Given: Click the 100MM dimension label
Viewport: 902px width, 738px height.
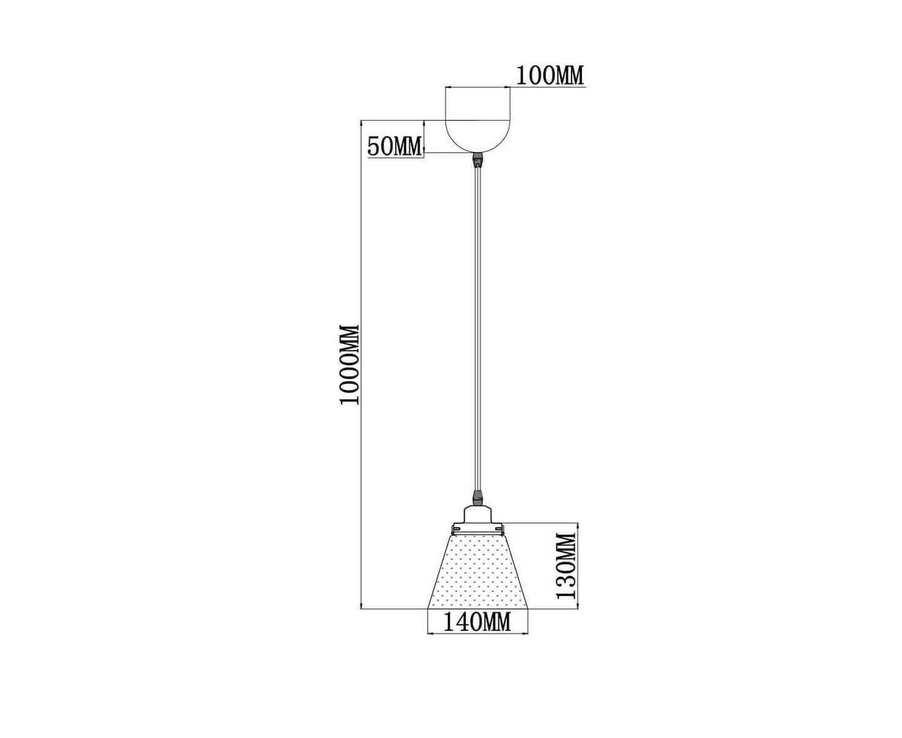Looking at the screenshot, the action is pyautogui.click(x=549, y=76).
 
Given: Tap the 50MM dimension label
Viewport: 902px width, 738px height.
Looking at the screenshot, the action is pyautogui.click(x=394, y=146).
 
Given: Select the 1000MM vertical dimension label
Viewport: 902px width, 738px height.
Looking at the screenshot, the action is pyautogui.click(x=349, y=365).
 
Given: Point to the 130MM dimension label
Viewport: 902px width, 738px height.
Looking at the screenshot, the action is pyautogui.click(x=566, y=566).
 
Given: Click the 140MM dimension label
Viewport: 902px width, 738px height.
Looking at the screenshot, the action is pyautogui.click(x=476, y=622).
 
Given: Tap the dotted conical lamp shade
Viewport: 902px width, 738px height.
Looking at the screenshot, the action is pyautogui.click(x=478, y=571).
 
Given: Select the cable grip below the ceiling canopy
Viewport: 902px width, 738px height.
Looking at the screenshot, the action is pyautogui.click(x=477, y=160).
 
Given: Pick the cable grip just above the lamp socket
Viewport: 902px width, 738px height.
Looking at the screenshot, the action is pyautogui.click(x=477, y=499).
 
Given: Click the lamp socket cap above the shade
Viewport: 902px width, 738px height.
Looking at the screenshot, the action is pyautogui.click(x=477, y=514).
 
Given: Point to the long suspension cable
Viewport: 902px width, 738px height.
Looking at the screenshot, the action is pyautogui.click(x=477, y=329).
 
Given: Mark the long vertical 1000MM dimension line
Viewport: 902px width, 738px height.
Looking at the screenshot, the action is pyautogui.click(x=362, y=364).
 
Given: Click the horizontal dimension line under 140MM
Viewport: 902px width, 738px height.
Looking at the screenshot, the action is pyautogui.click(x=478, y=634).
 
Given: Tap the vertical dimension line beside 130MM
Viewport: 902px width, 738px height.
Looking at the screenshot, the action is pyautogui.click(x=578, y=566).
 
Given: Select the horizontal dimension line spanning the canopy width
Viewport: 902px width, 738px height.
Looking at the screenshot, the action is pyautogui.click(x=478, y=88).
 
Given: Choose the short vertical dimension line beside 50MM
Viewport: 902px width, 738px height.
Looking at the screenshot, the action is pyautogui.click(x=424, y=136).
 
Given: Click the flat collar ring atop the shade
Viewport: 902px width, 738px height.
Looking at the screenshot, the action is pyautogui.click(x=477, y=528).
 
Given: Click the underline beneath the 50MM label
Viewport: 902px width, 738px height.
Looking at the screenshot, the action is pyautogui.click(x=396, y=158).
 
